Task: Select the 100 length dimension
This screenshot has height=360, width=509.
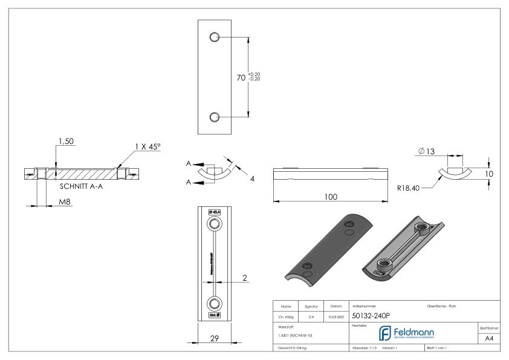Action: (329, 197)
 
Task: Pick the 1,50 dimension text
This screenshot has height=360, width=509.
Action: (66, 141)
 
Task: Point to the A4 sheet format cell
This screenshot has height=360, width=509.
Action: (490, 340)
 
